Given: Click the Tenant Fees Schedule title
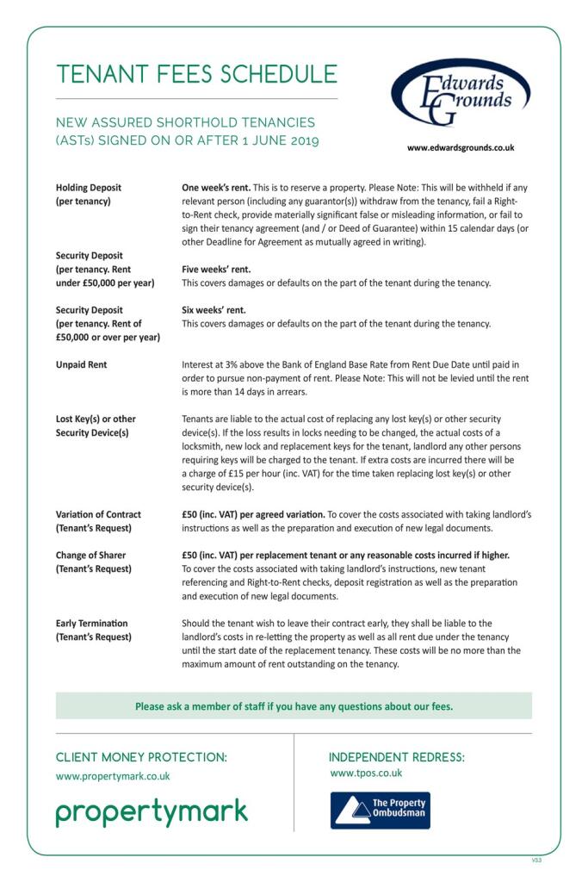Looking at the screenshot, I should [196, 75].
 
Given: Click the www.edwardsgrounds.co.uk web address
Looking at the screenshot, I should [461, 147].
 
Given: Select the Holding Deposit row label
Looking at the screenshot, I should [89, 187].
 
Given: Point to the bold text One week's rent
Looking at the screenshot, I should [217, 187].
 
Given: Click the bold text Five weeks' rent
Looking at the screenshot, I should [216, 269].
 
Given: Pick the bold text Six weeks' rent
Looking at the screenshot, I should [214, 310].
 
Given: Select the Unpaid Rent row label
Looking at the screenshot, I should [82, 365].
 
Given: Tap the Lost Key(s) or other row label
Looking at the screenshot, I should [96, 419].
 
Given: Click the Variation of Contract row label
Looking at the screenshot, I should [98, 514].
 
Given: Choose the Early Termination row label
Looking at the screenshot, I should [91, 623].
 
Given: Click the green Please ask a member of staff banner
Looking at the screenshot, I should [294, 706].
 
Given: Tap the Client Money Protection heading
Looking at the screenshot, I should [142, 757].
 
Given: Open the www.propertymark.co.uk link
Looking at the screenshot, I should [113, 776].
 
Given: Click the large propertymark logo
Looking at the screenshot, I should [152, 812].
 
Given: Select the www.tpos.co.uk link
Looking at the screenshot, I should [366, 773].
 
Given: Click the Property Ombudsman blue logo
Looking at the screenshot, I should [380, 811].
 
